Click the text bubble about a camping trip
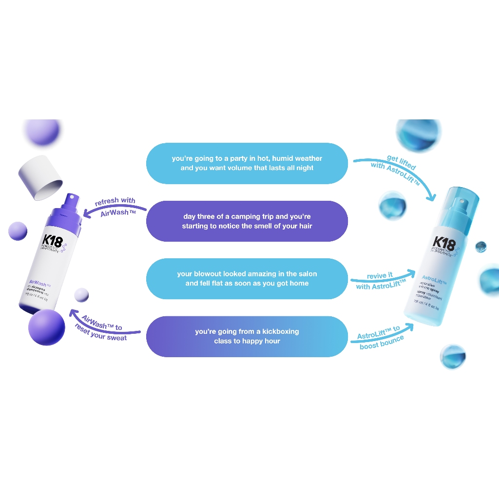[x=247, y=221]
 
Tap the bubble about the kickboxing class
[x=247, y=336]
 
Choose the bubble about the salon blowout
[x=247, y=279]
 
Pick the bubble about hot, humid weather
[x=247, y=163]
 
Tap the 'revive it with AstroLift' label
[x=379, y=281]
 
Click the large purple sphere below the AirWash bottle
[x=46, y=327]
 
